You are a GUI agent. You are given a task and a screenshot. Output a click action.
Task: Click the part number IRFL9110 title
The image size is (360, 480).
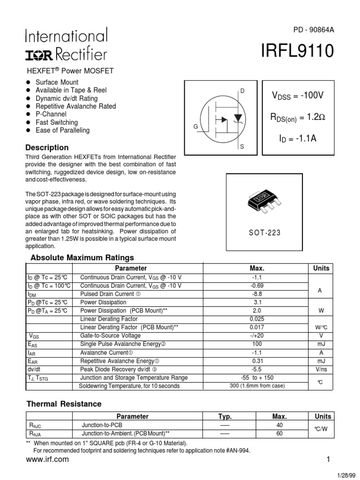297,51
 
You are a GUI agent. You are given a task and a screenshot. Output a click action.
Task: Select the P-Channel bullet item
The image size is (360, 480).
51,114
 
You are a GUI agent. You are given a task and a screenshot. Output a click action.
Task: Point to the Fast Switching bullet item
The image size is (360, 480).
57,122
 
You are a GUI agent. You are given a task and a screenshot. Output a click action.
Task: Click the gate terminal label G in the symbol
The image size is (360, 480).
195,127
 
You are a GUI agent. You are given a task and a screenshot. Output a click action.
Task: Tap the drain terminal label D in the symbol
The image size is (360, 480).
242,90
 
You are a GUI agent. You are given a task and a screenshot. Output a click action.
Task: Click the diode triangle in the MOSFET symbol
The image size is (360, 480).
238,117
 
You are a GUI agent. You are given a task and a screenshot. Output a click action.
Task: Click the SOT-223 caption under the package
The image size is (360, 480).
264,232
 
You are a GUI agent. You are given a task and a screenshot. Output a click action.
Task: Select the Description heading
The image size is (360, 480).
47,148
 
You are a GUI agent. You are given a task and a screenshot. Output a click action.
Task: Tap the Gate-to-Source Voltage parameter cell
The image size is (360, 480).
110,336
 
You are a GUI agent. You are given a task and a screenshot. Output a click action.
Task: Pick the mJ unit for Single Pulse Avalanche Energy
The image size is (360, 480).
321,344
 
